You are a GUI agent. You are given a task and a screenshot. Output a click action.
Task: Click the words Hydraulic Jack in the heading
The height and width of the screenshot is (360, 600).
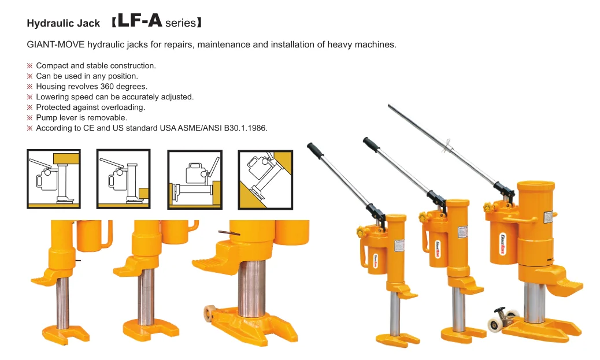64,24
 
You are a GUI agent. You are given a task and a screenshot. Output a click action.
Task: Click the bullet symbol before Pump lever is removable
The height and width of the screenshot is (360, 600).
30,118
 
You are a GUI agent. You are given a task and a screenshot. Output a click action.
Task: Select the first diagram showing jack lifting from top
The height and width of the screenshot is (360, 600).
54,179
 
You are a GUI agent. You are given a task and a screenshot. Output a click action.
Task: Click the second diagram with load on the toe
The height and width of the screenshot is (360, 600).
123,179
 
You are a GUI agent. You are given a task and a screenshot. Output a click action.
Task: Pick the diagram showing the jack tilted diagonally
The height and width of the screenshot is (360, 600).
265,179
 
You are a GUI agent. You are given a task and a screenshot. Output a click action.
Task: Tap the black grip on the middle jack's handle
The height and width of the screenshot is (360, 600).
371,144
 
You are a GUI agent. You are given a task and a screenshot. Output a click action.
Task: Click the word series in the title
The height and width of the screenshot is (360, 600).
180,24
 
